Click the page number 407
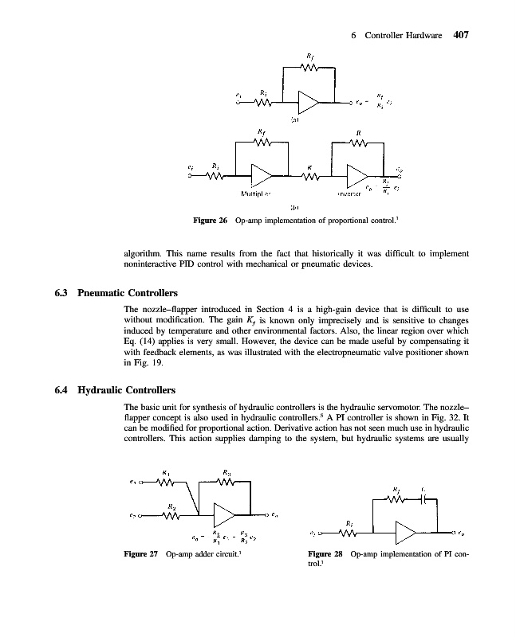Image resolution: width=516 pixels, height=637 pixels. [x=464, y=35]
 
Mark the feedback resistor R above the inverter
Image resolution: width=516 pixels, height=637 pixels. [x=358, y=144]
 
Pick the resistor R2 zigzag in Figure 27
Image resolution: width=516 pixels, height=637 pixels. [x=169, y=514]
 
